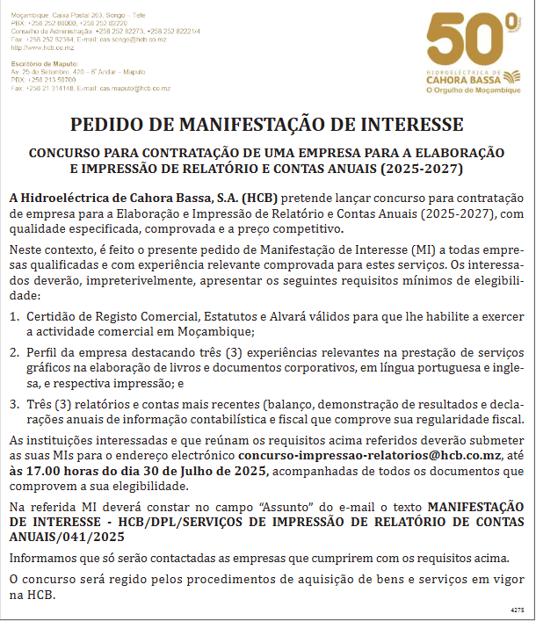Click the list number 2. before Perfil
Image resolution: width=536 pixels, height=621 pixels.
click(x=16, y=352)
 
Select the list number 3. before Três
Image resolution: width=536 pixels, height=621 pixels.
click(x=16, y=404)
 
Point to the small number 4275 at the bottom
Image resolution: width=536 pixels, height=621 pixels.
click(x=517, y=609)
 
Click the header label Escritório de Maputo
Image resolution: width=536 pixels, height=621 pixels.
click(x=41, y=65)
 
